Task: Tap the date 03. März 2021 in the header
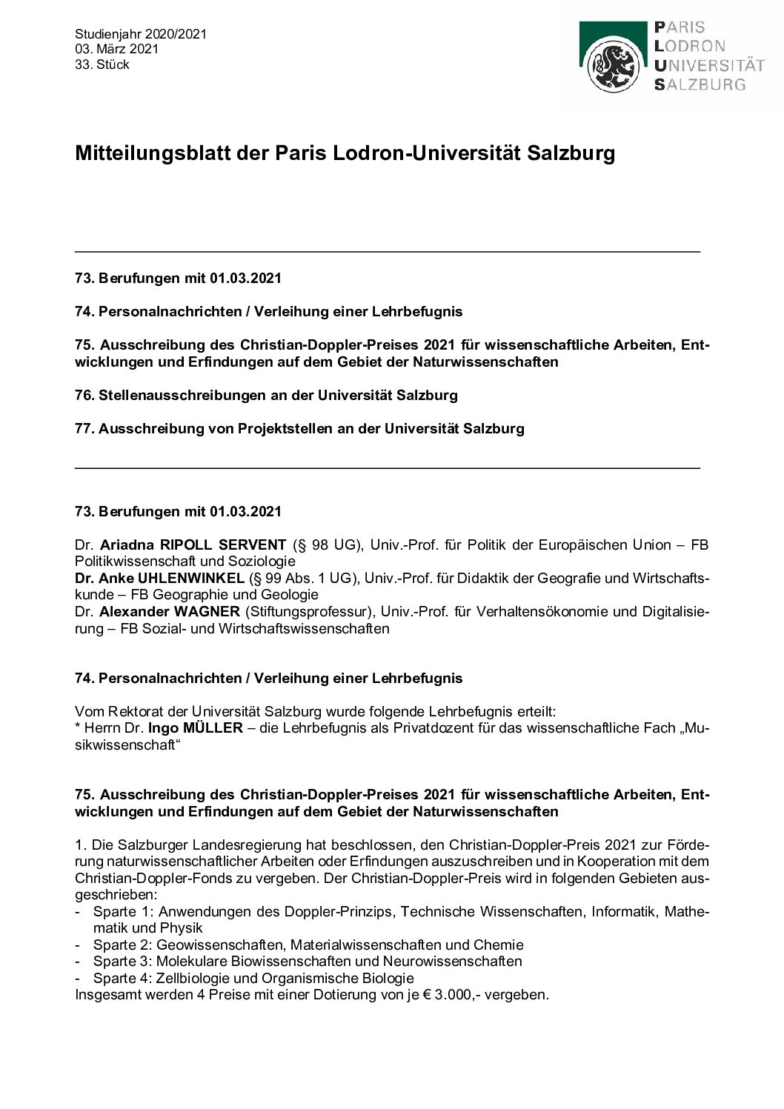click(x=116, y=50)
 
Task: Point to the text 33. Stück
click(x=102, y=64)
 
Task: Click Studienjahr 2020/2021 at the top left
click(x=140, y=34)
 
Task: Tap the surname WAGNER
click(x=207, y=611)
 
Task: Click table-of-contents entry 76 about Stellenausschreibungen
click(x=267, y=395)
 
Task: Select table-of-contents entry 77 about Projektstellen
click(x=300, y=428)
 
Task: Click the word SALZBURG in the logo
click(x=700, y=84)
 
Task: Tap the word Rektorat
click(x=133, y=711)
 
